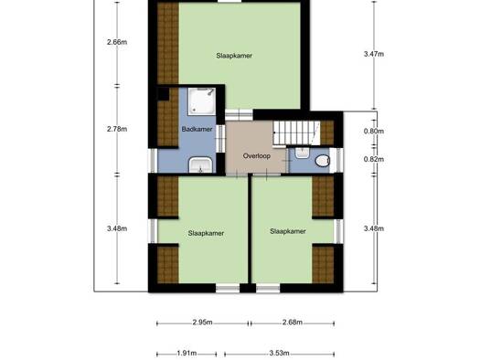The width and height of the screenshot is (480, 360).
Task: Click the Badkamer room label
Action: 197,129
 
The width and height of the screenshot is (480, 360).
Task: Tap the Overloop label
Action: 257,156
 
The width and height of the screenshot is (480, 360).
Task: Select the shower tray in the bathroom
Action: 202,101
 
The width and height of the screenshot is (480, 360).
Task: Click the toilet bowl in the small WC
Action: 323,161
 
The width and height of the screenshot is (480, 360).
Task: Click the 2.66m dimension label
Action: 117,42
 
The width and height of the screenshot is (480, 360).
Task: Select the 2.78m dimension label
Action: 117,129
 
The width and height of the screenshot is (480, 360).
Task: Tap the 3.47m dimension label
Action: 374,54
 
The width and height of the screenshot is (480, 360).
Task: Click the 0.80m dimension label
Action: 374,132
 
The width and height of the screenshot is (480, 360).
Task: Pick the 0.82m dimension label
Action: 374,159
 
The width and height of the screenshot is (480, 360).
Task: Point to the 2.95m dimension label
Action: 202,323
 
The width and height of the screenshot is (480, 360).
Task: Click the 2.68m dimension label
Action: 293,323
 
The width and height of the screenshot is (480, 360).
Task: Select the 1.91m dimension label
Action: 187,354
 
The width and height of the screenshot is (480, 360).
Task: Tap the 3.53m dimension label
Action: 279,354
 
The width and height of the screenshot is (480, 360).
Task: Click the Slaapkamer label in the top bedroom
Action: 234,56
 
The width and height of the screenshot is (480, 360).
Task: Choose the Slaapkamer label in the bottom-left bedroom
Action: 206,233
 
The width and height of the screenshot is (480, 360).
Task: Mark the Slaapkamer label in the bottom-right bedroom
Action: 288,231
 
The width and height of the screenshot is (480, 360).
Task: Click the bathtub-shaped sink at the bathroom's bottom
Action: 200,165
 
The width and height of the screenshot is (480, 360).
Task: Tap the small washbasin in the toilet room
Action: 302,153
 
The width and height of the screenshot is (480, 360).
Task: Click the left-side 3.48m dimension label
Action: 117,228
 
